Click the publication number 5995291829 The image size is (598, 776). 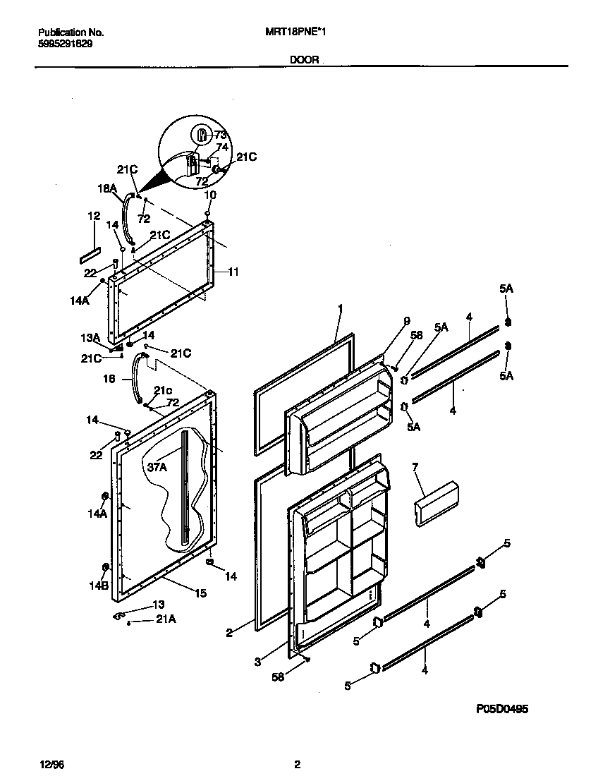(64, 43)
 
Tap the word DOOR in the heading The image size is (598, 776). (304, 61)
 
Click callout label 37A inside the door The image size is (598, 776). (157, 466)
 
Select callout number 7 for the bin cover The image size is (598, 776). (415, 467)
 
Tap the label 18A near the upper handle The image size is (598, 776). (106, 188)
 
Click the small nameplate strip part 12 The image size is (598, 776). (91, 256)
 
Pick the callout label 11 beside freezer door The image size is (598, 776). (233, 271)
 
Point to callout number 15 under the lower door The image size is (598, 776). (201, 593)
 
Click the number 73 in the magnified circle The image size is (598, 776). (221, 135)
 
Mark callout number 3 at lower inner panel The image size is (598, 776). (257, 662)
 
